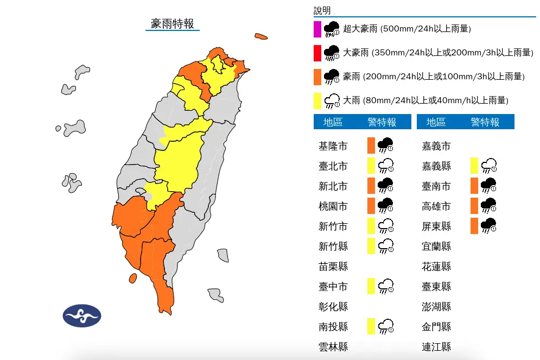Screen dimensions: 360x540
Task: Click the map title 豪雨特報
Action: [172, 23]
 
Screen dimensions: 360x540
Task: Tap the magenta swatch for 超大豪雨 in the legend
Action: [317, 29]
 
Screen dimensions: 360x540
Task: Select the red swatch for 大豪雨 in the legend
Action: [317, 53]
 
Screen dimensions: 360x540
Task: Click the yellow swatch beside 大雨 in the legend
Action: [317, 100]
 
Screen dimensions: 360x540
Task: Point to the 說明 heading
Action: [322, 11]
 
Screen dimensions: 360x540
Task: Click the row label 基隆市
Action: [333, 146]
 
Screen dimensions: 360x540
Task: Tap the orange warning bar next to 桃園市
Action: [371, 206]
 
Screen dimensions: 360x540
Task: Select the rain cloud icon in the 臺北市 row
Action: [385, 166]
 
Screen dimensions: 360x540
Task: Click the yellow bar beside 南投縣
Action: [371, 326]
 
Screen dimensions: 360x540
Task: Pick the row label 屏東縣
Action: [436, 226]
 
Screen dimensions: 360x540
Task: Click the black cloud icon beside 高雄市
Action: [488, 206]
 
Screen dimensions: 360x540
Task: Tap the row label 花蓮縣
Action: [436, 267]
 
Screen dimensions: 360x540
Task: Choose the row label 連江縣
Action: [436, 347]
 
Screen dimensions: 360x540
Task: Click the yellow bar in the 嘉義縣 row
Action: [474, 166]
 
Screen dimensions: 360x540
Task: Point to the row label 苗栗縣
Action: [333, 267]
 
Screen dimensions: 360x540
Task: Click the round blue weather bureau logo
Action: [81, 315]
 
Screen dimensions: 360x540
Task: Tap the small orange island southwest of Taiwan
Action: [132, 279]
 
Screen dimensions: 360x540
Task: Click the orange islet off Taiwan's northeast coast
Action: [261, 37]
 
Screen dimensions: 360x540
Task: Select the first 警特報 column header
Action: [382, 122]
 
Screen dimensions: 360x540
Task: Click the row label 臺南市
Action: [436, 186]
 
